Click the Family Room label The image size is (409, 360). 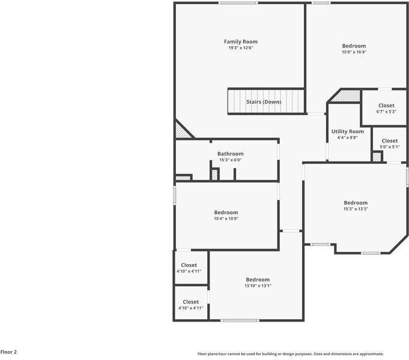[240, 41]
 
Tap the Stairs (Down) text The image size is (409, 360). [264, 102]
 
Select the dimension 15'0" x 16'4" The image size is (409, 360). [354, 52]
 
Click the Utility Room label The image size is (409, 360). [347, 131]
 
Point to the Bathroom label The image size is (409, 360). [230, 154]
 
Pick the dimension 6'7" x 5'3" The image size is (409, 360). [386, 112]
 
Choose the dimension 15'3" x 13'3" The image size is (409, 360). [356, 209]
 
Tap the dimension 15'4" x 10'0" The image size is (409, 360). [226, 218]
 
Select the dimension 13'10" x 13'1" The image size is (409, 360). [258, 286]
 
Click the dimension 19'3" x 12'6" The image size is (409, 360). [240, 48]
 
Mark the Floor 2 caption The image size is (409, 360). [8, 352]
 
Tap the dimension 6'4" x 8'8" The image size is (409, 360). [347, 137]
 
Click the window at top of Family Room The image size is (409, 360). [238, 3]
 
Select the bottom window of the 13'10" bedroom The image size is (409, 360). [240, 320]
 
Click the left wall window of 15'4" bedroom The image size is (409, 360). [175, 196]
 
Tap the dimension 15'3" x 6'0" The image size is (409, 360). [230, 160]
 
